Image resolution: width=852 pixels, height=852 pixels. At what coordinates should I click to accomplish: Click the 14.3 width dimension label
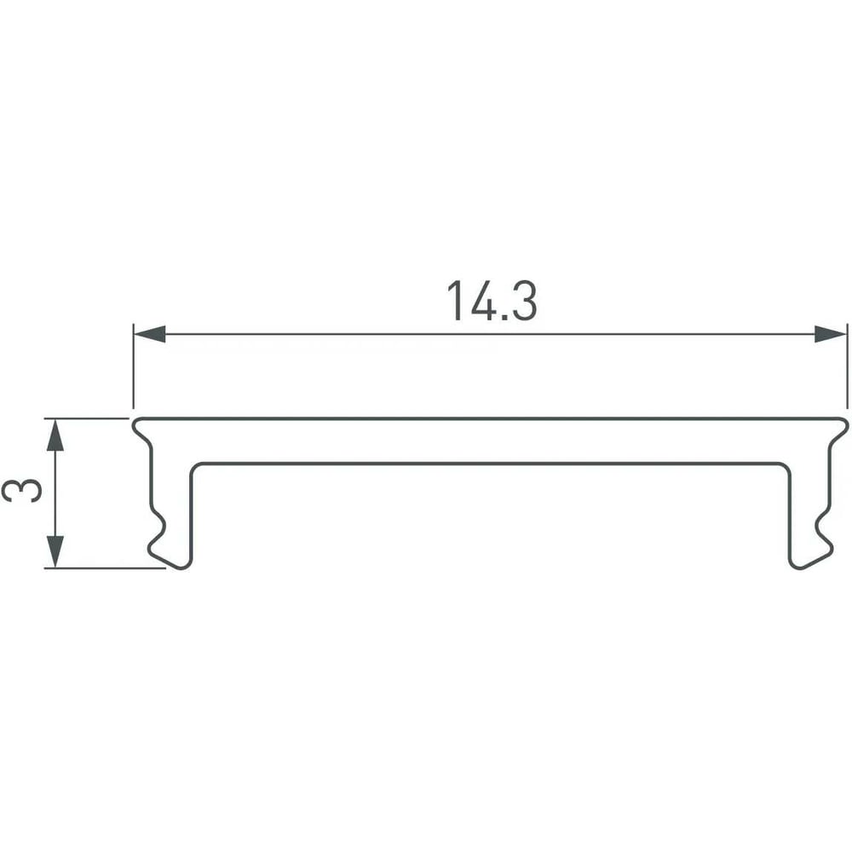tap(492, 301)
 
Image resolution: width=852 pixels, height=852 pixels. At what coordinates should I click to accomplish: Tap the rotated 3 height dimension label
tap(22, 491)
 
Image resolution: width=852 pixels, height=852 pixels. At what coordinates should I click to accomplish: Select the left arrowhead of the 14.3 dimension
tap(149, 334)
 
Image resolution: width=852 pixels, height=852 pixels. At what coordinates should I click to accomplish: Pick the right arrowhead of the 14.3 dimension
tap(830, 334)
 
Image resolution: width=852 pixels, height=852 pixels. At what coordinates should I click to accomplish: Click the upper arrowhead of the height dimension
tap(55, 435)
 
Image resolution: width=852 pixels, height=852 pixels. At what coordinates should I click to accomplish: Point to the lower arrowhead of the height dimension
tap(55, 551)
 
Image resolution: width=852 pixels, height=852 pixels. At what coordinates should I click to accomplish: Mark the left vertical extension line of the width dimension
tap(133, 366)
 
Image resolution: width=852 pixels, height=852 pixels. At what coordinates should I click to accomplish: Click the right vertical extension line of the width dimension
tap(847, 366)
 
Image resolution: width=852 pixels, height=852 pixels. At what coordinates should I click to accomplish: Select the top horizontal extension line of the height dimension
tap(86, 418)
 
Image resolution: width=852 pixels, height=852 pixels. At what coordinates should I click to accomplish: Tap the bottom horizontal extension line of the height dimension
tap(105, 568)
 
